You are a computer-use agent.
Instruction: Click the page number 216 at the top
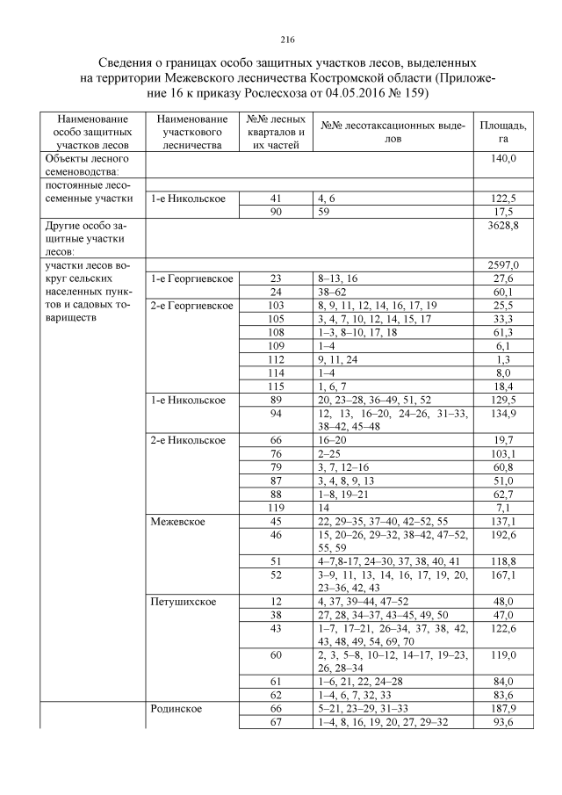pyautogui.click(x=286, y=39)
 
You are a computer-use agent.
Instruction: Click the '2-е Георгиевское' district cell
pyautogui.click(x=191, y=305)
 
